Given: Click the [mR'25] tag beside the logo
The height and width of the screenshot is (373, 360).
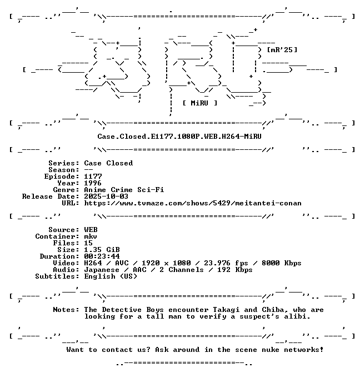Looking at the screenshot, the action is coord(282,50).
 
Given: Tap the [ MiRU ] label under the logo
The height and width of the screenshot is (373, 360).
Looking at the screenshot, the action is coord(200,103).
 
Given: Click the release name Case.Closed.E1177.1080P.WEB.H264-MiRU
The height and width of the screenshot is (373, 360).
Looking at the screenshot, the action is coord(179,137).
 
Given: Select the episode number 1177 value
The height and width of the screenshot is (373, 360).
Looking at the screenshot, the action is coord(93,177).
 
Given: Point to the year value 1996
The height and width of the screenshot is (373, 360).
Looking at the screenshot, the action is coord(93,183).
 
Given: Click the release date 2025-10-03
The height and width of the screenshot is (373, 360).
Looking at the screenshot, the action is coord(106,196).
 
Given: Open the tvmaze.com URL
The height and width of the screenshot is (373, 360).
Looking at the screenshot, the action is coord(193,203).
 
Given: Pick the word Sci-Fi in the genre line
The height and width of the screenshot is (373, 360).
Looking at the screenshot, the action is coord(151,190).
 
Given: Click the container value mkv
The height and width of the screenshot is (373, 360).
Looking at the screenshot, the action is coord(91,236).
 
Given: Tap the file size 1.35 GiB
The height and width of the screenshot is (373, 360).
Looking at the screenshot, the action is coord(102,250).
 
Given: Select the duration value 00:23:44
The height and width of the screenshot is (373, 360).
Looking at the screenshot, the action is coord(102,256).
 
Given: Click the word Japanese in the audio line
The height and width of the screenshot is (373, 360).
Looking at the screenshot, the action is coord(102,270).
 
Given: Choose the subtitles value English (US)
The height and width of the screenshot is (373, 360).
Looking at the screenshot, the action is coord(111,276).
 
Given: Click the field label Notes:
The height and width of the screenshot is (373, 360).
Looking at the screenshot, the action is coord(66,310).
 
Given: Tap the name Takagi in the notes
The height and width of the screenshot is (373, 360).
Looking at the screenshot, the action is coord(226,310).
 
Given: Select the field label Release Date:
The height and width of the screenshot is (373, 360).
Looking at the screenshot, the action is coord(51,196).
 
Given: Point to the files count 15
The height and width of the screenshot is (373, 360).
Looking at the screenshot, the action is coord(88,243).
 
